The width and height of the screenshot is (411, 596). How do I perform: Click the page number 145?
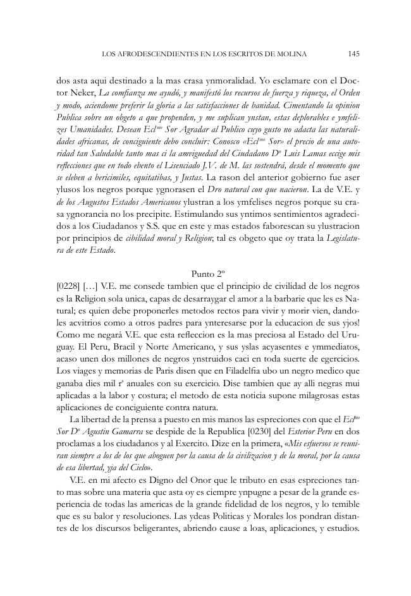click(x=353, y=54)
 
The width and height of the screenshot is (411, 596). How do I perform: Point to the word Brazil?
click(x=125, y=344)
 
